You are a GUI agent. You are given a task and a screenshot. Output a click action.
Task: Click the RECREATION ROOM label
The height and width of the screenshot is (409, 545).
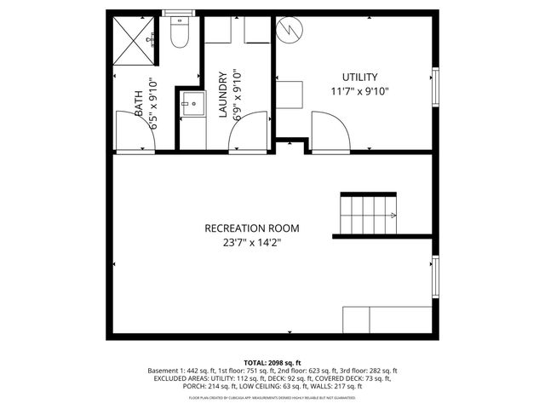pos(252,228)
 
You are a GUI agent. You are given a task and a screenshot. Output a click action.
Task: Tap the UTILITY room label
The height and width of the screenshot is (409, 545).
pos(360,77)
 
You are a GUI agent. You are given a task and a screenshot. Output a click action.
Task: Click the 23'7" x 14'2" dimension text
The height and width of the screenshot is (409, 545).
pos(252,243)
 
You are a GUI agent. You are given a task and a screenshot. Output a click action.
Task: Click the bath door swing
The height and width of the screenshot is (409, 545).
pos(132,132)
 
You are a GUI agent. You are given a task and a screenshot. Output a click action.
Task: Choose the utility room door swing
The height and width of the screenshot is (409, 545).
pos(330,132)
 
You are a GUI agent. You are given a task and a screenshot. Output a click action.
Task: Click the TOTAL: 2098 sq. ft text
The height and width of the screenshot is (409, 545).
pos(272,363)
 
